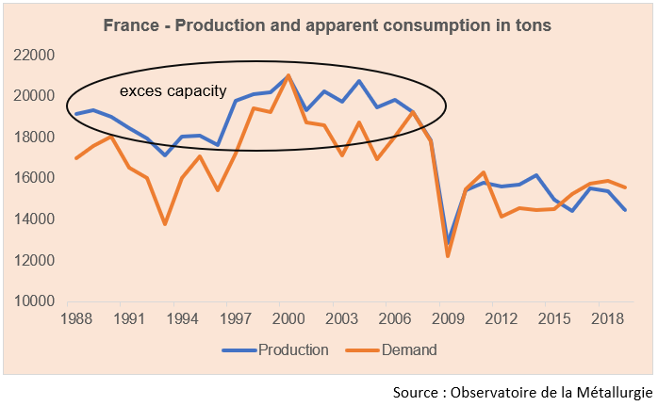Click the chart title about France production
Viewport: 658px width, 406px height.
click(327, 26)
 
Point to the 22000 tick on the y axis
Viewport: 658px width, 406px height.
click(33, 55)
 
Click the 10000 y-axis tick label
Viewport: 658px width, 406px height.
click(33, 302)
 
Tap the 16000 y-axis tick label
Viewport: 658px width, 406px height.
click(33, 178)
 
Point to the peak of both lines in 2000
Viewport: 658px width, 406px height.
click(288, 75)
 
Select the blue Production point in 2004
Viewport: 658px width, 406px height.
click(359, 81)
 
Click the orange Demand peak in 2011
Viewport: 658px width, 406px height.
click(483, 172)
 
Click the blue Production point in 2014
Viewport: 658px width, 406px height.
click(535, 175)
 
